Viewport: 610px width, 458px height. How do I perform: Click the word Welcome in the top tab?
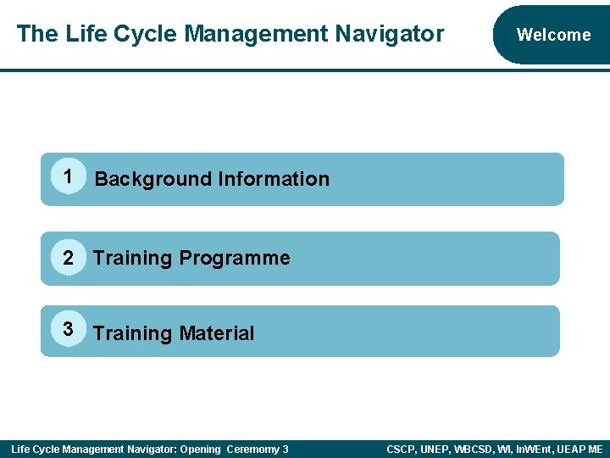point(553,35)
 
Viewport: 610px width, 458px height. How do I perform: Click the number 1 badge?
point(66,176)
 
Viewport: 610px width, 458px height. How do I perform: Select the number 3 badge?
point(68,327)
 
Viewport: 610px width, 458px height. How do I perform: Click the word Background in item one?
point(152,179)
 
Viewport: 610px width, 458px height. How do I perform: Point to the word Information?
point(274,179)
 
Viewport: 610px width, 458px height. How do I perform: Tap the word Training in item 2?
point(132,258)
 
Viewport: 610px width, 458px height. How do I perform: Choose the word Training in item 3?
point(132,333)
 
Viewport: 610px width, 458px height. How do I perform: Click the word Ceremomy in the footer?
point(252,449)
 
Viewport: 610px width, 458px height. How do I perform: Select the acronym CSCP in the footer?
point(401,449)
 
